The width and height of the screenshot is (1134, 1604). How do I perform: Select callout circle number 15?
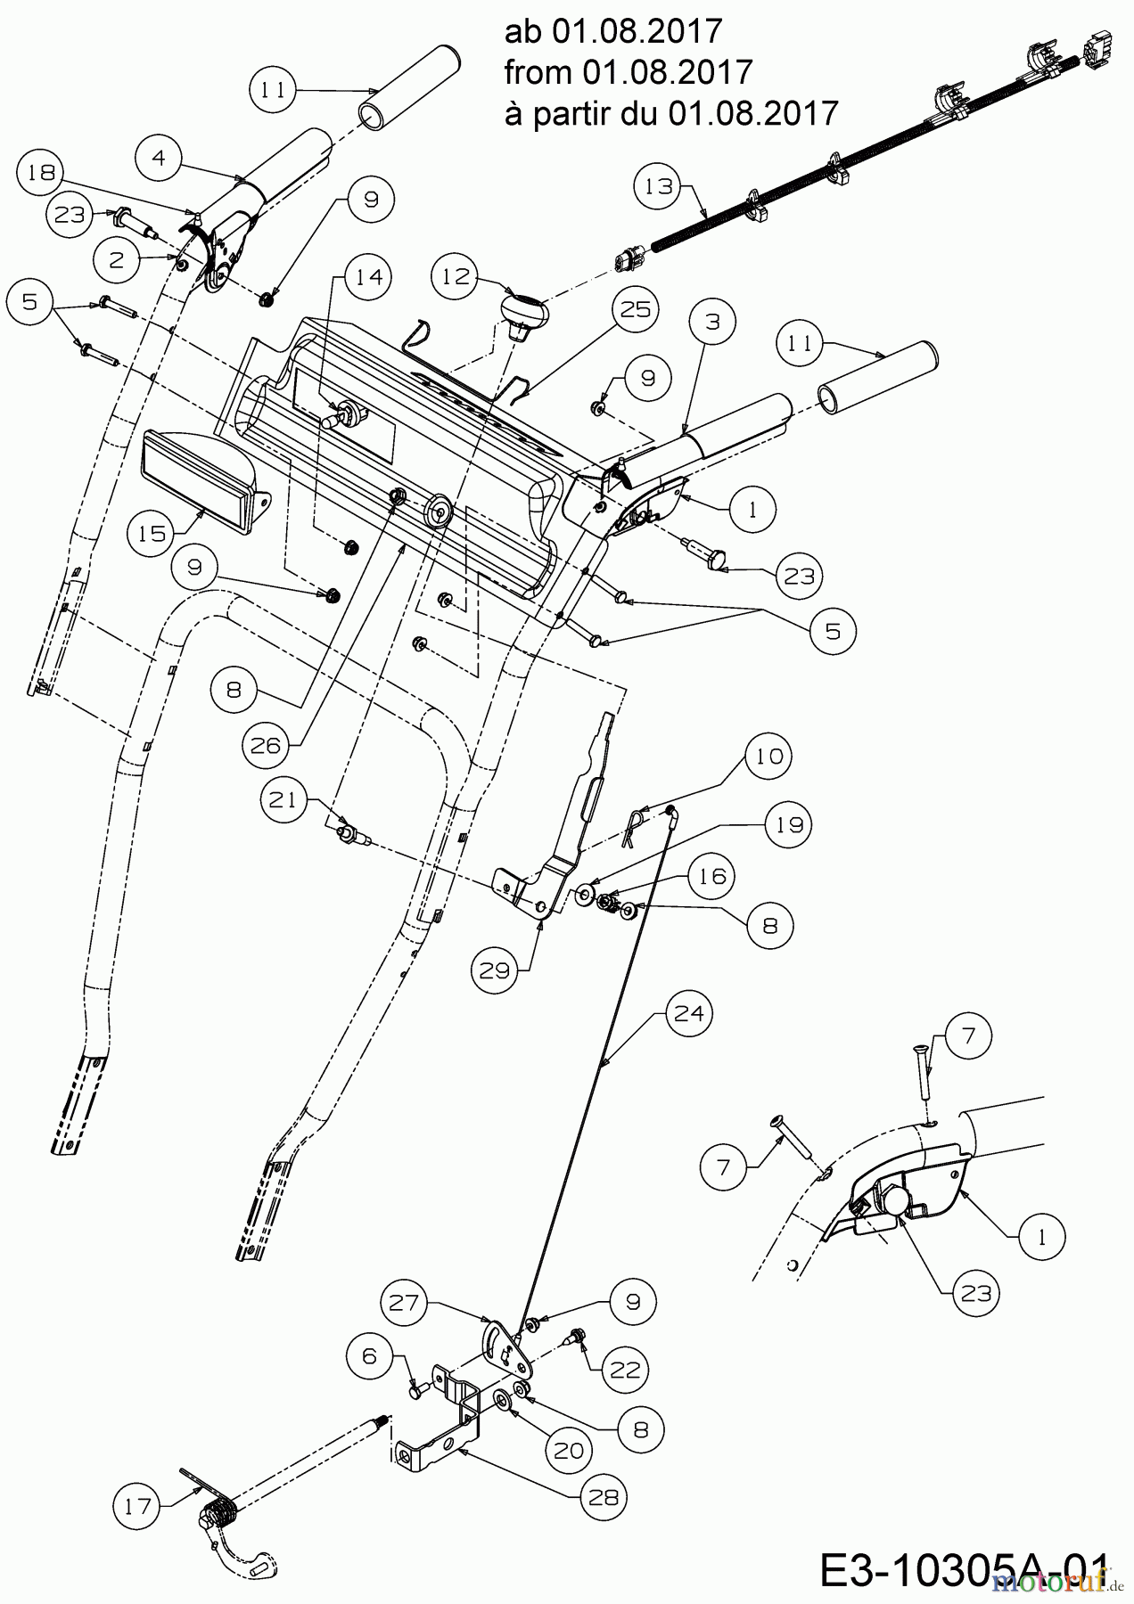pyautogui.click(x=152, y=533)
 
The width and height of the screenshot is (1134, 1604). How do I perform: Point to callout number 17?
pyautogui.click(x=137, y=1507)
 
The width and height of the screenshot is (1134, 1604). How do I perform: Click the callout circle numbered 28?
pyautogui.click(x=604, y=1498)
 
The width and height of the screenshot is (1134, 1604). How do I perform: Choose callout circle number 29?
pyautogui.click(x=493, y=970)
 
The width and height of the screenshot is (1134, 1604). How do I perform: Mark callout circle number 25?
pyautogui.click(x=636, y=309)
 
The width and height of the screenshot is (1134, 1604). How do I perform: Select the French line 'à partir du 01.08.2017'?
pyautogui.click(x=671, y=113)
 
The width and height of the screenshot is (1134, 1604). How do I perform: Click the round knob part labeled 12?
pyautogui.click(x=521, y=314)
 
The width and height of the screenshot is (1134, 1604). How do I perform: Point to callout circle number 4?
pyautogui.click(x=160, y=159)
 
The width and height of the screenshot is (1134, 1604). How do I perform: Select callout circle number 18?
pyautogui.click(x=41, y=173)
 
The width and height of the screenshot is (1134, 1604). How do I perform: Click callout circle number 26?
pyautogui.click(x=266, y=745)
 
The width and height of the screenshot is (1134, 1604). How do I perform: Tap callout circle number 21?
pyautogui.click(x=284, y=800)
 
